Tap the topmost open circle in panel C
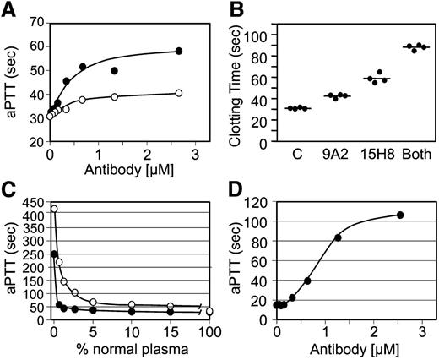click(53, 209)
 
